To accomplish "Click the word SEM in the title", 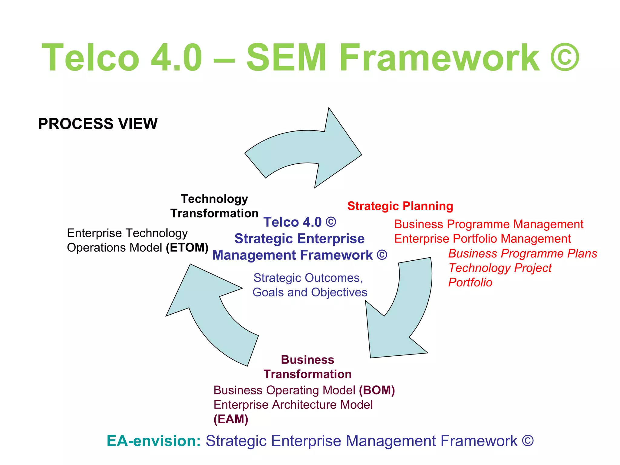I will coord(286,58).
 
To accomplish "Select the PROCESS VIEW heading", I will coord(98,124).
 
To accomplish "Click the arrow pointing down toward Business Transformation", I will coord(403,315).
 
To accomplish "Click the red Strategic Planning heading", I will coord(400,206).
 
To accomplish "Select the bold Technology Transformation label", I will coord(214,206).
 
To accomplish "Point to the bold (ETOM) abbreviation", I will coord(187,248).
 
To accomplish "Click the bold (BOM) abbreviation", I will coord(377,390).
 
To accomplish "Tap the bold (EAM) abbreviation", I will coord(231,419).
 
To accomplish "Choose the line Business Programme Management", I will coord(489,224).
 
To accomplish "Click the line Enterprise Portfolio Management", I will coord(482,239).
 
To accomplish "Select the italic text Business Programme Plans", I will coord(523,253).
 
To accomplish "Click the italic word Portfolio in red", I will coord(470,282).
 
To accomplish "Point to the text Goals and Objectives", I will coord(310,292).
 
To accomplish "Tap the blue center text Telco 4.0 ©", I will coord(300,222).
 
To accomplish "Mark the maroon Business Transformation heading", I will coord(307,367).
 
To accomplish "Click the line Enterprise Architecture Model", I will coord(293,405).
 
